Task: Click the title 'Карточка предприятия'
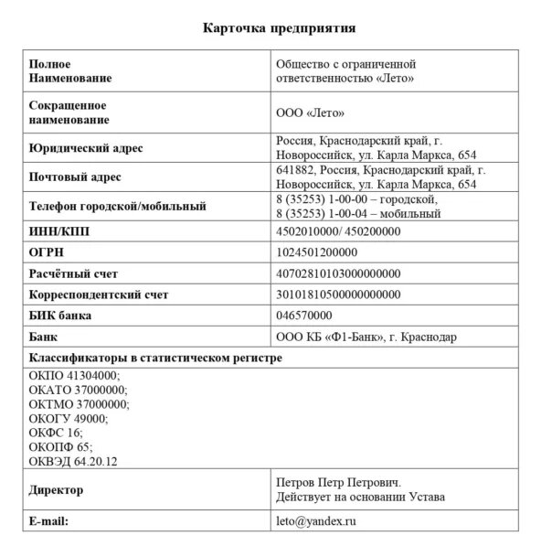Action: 278,27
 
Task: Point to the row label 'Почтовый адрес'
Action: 75,177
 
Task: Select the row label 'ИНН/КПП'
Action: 59,232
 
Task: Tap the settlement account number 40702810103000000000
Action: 338,273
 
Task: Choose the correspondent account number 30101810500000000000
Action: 338,294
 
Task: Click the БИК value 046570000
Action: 303,316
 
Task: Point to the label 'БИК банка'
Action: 61,316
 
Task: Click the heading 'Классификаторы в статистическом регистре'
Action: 155,358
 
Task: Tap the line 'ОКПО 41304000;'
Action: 75,375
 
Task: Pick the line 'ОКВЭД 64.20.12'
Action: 80,463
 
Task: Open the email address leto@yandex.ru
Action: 316,520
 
